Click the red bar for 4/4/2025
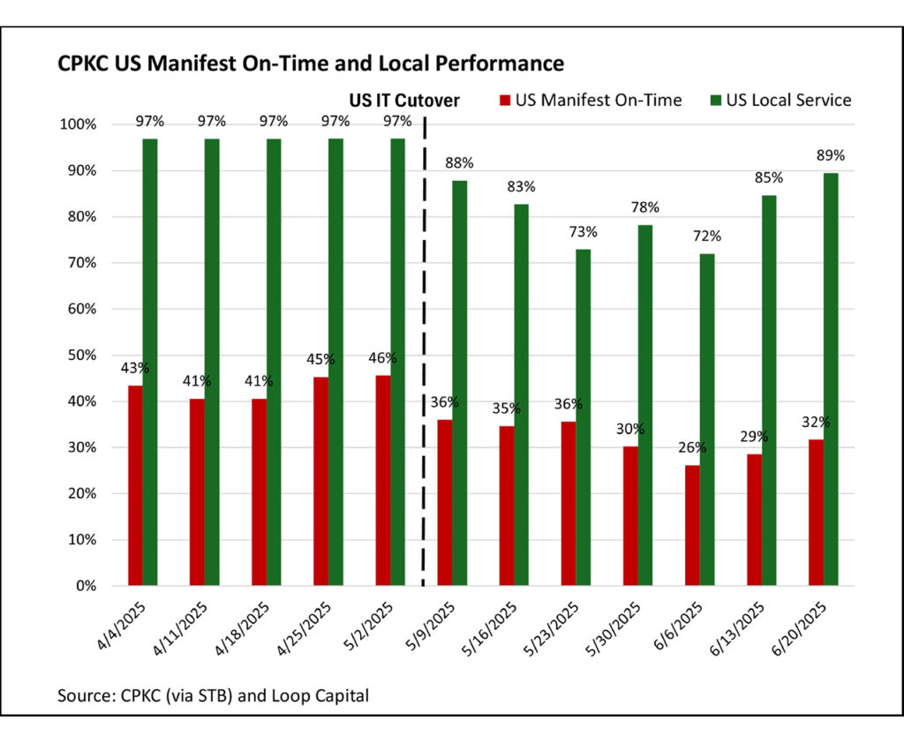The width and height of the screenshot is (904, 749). (x=135, y=485)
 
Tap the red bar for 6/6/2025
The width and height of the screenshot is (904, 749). (x=692, y=525)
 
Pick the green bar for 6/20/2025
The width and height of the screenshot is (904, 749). (x=831, y=379)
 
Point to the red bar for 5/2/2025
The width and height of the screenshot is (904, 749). (x=383, y=480)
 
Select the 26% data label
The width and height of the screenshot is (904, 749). (x=692, y=448)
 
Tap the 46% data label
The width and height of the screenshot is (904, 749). (x=383, y=358)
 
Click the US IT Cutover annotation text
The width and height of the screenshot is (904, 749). (x=403, y=101)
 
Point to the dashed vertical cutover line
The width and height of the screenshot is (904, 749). (x=424, y=353)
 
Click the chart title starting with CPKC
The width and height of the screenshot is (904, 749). (x=310, y=64)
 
